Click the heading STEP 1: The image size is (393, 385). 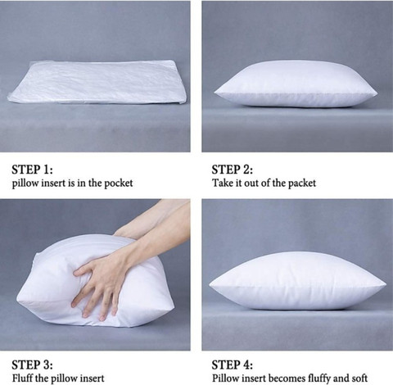(x=32, y=170)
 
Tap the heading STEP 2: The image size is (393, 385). (x=233, y=170)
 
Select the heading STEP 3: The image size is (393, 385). (x=32, y=365)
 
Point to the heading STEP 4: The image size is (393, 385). (x=233, y=365)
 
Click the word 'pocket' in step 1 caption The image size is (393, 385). (x=119, y=183)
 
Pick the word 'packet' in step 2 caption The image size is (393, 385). (x=302, y=183)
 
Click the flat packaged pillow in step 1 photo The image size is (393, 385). (x=97, y=82)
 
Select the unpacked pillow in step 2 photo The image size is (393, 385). (x=296, y=84)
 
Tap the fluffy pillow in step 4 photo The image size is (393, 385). (x=297, y=281)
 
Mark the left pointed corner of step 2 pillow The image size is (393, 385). (x=215, y=92)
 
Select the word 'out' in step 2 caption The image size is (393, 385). (x=251, y=183)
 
